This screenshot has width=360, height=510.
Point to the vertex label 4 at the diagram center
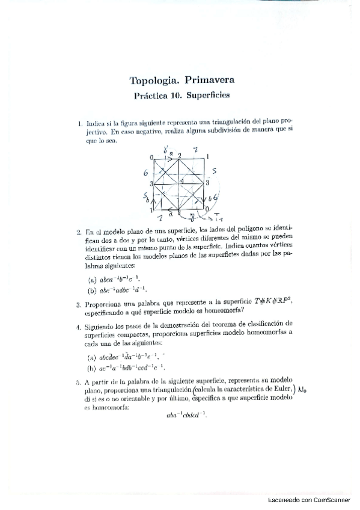click(x=182, y=180)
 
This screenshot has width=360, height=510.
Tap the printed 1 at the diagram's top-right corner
click(x=208, y=156)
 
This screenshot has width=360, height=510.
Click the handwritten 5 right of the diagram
click(x=215, y=171)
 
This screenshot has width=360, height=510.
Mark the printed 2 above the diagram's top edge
click(x=179, y=156)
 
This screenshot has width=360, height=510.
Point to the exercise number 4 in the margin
click(x=79, y=327)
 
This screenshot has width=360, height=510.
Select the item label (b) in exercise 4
click(x=92, y=367)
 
